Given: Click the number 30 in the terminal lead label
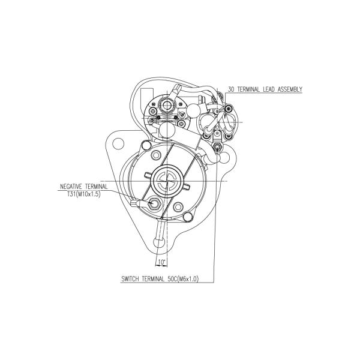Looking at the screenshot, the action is coord(231,89).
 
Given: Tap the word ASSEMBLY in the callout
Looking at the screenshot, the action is coord(290,89).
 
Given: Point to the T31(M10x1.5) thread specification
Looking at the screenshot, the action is coord(84,194).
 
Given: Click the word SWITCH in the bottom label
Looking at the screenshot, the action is coord(130,279).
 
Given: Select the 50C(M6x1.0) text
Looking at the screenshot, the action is coord(183,279).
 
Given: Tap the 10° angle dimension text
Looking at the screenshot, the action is coord(161,262).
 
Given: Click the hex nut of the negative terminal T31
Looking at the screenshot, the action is coord(154,203).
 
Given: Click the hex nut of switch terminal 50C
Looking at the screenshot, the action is coord(217,146).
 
